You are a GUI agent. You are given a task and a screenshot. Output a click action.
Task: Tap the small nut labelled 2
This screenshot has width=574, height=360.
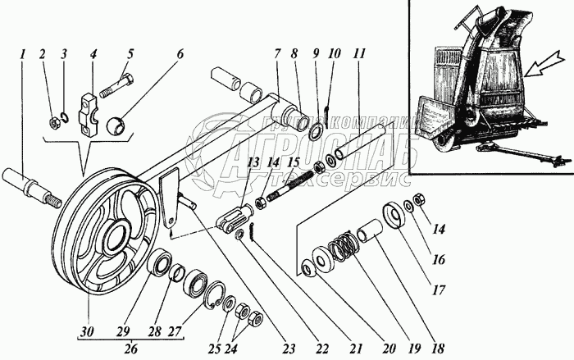[51, 124]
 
